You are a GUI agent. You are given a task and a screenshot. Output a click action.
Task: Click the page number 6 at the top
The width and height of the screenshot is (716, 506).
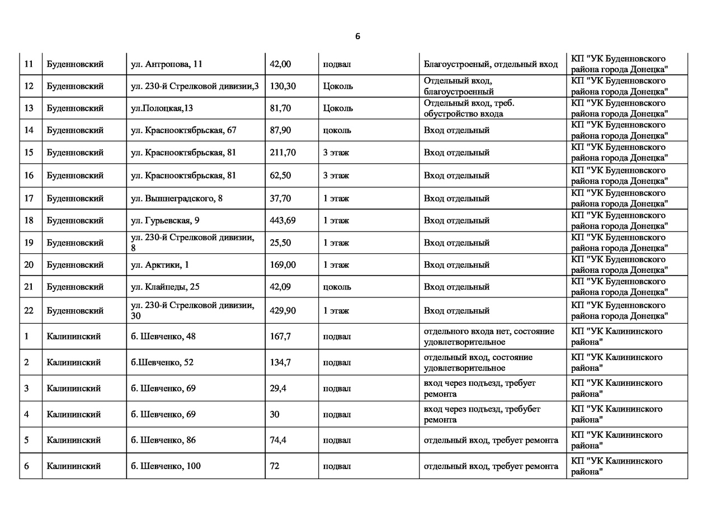[357, 37]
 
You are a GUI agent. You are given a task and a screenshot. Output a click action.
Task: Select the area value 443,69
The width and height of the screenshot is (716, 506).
[282, 220]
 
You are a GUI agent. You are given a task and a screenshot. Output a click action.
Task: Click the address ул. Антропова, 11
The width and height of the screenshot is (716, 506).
[167, 64]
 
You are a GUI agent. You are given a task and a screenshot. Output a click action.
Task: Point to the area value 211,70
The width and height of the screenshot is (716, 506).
[282, 153]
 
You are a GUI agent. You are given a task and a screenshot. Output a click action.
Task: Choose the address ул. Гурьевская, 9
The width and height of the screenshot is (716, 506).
[165, 220]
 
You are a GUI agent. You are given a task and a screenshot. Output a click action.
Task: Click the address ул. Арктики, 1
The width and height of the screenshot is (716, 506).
[160, 264]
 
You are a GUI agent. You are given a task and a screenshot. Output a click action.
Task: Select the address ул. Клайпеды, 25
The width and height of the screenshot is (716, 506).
[165, 287]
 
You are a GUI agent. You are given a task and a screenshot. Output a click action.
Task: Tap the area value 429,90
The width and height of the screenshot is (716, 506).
[282, 310]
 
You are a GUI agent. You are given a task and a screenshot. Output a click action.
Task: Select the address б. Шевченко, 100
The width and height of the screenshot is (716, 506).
[166, 466]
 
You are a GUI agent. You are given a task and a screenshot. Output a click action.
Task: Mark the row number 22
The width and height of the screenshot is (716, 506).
[29, 310]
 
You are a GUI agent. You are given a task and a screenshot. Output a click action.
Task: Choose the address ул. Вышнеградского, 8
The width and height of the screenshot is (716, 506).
[177, 198]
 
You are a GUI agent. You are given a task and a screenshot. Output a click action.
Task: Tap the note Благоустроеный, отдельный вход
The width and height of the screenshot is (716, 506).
[491, 64]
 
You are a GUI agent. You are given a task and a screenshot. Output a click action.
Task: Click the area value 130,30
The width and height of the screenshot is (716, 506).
[282, 86]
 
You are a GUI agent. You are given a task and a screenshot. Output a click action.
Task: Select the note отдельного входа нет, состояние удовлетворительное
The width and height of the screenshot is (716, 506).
[489, 337]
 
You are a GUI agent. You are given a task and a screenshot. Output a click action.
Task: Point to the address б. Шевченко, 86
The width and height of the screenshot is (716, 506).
[163, 440]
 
